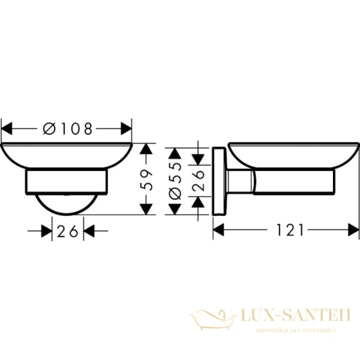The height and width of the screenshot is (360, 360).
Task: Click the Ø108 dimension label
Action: tap(68, 128)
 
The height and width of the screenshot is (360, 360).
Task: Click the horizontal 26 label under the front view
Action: tap(68, 230)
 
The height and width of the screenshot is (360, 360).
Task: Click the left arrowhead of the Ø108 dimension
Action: tap(7, 128)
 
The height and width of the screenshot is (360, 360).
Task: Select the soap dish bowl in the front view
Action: tap(67, 156)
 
